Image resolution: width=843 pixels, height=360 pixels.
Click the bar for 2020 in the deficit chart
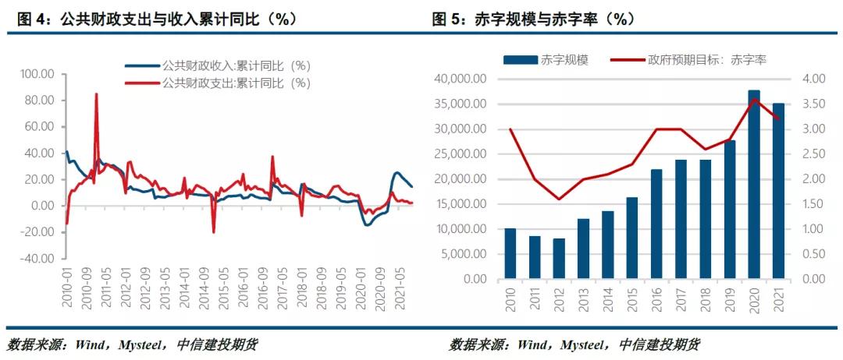coord(754,185)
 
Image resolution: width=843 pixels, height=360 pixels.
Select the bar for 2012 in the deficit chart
coord(559,259)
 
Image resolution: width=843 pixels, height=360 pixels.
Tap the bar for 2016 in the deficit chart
coord(656,224)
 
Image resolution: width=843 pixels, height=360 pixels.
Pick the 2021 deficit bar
coord(778,191)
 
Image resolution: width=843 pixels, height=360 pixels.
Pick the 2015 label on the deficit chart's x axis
coord(631,296)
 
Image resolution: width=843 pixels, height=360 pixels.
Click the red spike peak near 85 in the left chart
coord(96,94)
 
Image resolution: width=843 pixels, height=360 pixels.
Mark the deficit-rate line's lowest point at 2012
coord(559,199)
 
